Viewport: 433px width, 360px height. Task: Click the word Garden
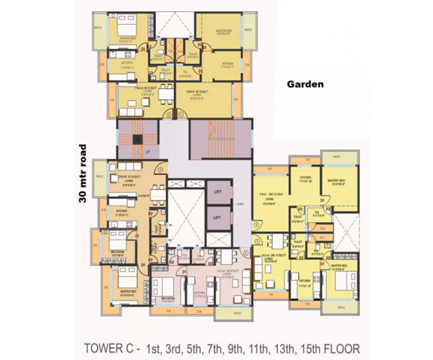pos(306,85)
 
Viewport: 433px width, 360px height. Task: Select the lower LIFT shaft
pos(218,218)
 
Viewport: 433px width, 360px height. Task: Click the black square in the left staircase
pos(137,138)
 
